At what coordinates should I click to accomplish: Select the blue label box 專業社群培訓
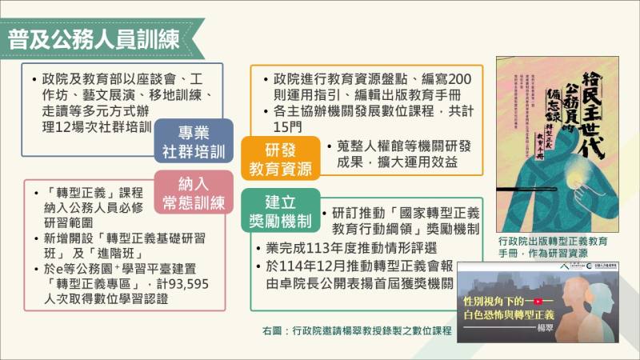click(194, 142)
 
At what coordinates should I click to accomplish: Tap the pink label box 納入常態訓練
click(194, 193)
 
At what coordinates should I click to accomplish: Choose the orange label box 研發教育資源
click(281, 158)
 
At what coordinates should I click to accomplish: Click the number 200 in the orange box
click(459, 79)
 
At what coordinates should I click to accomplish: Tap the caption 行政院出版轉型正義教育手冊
click(552, 240)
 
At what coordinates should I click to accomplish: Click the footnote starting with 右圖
click(351, 330)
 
